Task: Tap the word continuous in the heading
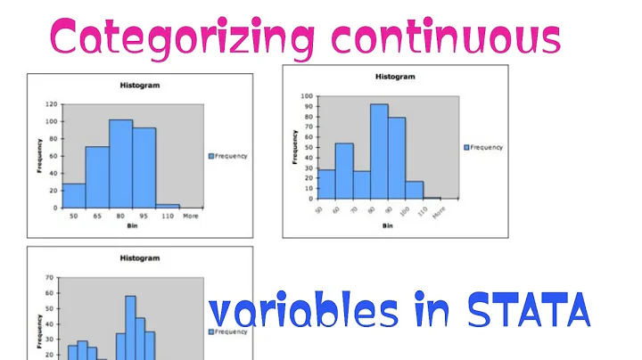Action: click(444, 37)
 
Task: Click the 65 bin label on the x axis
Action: click(96, 217)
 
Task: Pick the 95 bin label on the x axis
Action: click(144, 217)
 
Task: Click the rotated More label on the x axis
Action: click(438, 213)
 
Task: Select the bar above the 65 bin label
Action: click(97, 177)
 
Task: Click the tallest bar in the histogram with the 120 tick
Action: click(120, 163)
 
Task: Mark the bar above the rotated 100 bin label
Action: click(414, 189)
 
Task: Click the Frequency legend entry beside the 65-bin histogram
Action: click(230, 156)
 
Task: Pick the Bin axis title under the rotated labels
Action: click(387, 226)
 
